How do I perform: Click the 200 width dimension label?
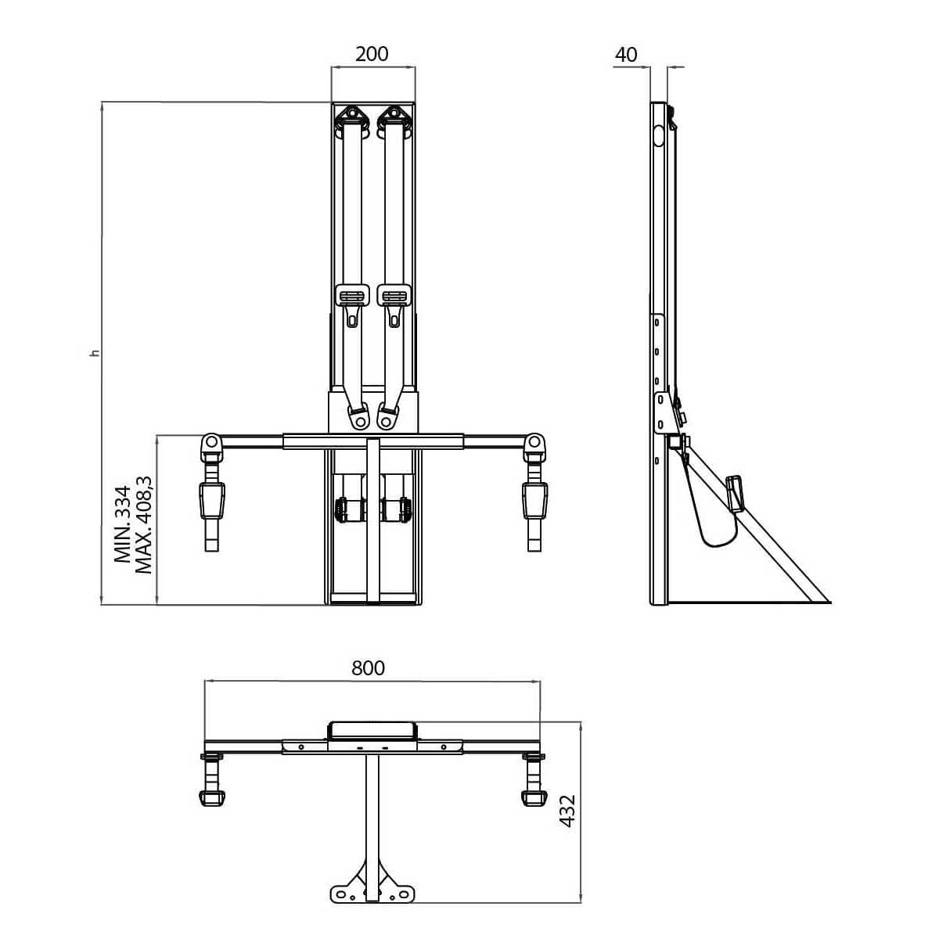point(372,54)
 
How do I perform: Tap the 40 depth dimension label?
point(627,54)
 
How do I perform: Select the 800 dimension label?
point(368,667)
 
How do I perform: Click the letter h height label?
point(95,354)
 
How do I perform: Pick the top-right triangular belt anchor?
point(397,117)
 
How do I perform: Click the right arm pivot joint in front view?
point(534,444)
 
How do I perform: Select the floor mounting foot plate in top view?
point(371,891)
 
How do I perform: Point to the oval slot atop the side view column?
point(659,135)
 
